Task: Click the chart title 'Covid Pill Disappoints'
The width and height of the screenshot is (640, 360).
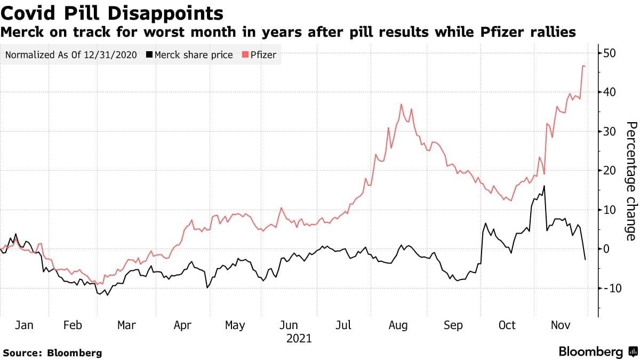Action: click(x=111, y=14)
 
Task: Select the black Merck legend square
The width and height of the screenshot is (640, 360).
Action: click(x=149, y=54)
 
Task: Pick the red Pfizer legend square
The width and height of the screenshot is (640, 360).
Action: click(x=245, y=54)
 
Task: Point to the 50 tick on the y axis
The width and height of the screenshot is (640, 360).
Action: click(x=610, y=53)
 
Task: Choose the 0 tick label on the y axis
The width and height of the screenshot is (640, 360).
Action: click(x=606, y=249)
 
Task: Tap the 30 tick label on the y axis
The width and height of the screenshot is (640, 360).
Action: click(x=610, y=131)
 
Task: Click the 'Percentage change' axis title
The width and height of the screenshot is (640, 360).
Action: click(x=631, y=181)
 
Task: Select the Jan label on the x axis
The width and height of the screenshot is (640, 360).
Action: click(x=24, y=325)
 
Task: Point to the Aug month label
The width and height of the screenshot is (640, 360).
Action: click(x=398, y=326)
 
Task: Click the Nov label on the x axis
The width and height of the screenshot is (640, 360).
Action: click(x=561, y=325)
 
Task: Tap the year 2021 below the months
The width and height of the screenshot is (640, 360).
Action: click(x=299, y=339)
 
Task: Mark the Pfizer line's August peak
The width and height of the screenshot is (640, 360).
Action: click(x=402, y=105)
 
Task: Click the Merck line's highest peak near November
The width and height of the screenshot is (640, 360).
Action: click(x=544, y=186)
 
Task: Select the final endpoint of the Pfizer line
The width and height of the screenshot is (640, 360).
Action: click(x=585, y=66)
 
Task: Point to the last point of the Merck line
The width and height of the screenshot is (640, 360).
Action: click(x=585, y=259)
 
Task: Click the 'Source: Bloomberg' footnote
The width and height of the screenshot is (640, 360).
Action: click(x=53, y=353)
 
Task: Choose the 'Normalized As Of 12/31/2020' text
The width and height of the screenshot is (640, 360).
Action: click(x=71, y=54)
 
